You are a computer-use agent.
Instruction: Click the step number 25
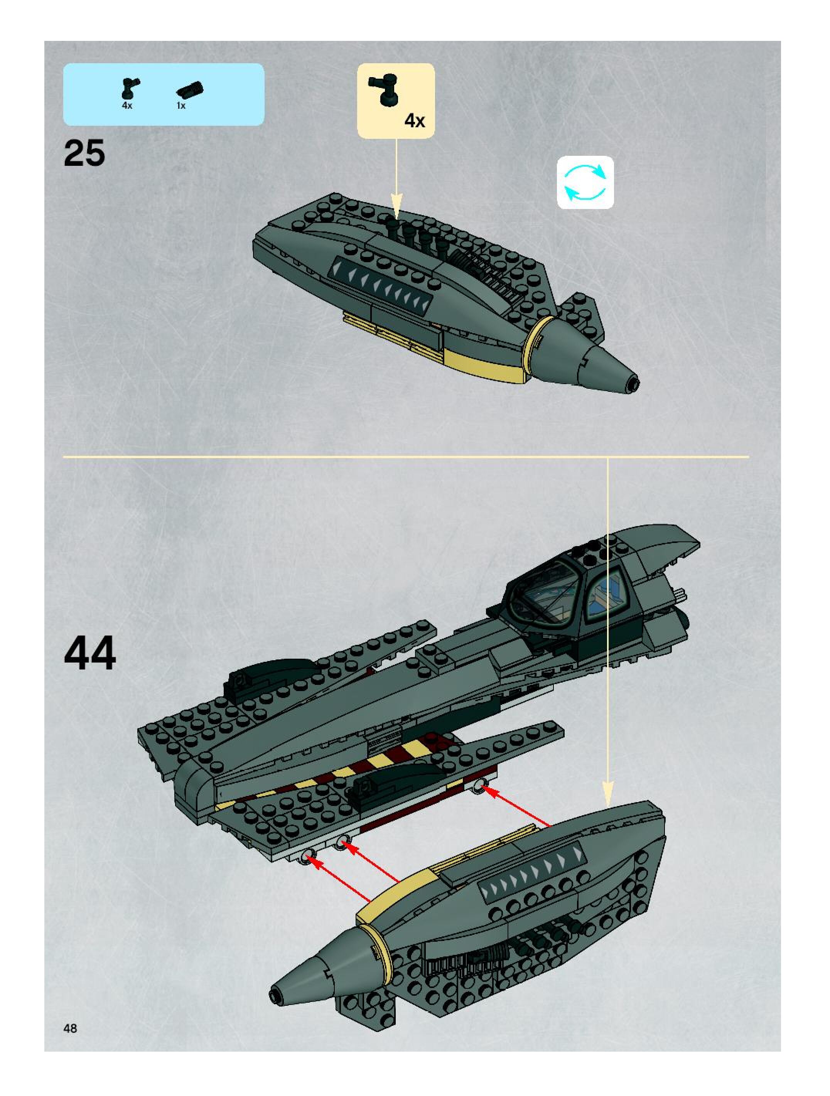tap(84, 153)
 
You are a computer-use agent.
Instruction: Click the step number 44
tap(90, 653)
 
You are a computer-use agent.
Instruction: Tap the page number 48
tap(70, 1028)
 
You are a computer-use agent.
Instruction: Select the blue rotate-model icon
tap(585, 182)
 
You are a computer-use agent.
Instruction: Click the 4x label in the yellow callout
tap(414, 120)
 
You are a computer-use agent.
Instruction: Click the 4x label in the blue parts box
tap(127, 106)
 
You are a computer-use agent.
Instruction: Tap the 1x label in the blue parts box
tap(181, 106)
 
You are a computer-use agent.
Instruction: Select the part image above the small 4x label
tap(130, 88)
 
